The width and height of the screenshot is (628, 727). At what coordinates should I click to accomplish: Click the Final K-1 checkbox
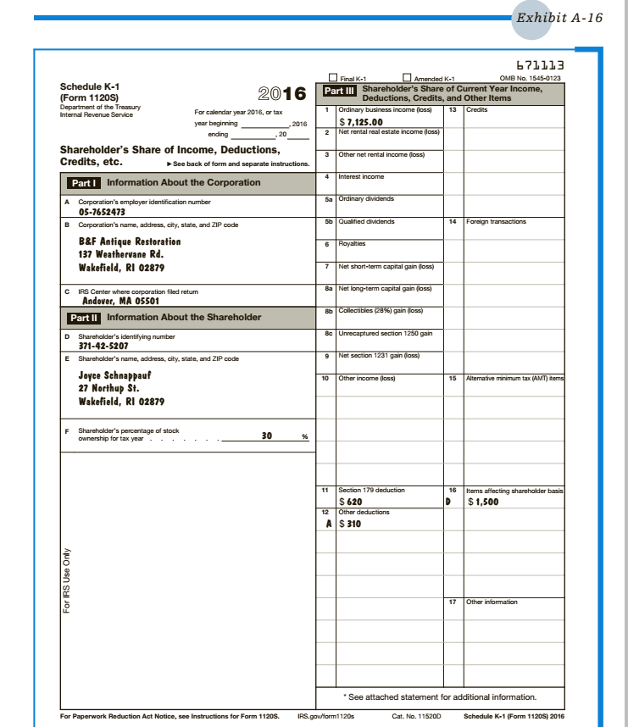pos(333,77)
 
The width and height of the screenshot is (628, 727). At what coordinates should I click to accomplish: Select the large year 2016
pos(281,94)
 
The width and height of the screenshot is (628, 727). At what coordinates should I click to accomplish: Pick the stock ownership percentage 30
pos(267,436)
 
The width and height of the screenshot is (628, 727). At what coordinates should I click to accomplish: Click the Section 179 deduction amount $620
pos(350,502)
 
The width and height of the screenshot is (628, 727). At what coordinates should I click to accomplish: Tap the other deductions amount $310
pos(350,524)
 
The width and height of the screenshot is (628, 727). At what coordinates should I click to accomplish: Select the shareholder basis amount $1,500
pos(483,502)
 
